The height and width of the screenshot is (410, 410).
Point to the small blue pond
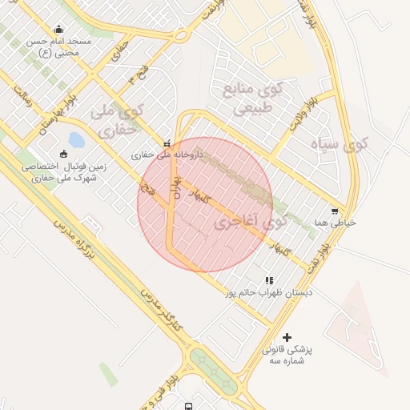click(76, 141)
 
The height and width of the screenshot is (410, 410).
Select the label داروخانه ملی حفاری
click(167, 153)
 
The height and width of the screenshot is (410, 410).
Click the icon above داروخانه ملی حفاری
click(167, 142)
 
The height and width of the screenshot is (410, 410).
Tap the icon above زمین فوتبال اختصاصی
click(64, 154)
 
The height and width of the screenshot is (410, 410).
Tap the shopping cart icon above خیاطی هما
click(335, 211)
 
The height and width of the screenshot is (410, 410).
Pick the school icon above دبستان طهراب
click(269, 280)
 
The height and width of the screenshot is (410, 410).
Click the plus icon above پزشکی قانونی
click(287, 337)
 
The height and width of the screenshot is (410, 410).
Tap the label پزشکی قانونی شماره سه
click(287, 355)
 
